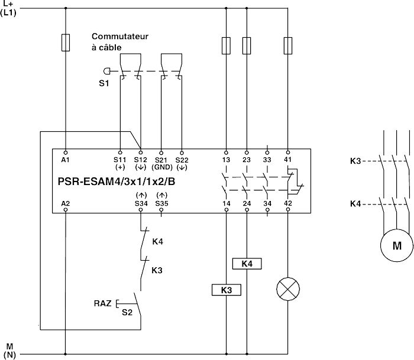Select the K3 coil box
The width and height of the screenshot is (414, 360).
coord(226,290)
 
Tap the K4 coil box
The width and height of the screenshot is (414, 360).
coord(247,264)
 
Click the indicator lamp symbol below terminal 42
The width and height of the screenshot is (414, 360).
coord(288,289)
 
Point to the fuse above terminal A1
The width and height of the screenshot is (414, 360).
coord(65,43)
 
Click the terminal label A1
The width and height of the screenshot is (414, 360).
coord(65,160)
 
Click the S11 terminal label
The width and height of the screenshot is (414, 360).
coord(120,160)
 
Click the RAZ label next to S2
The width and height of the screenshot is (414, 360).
coord(102,304)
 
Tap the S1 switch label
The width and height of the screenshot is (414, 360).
coord(104,83)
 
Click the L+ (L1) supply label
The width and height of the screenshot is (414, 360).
coord(8,8)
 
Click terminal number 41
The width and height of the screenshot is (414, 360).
coord(288,160)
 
